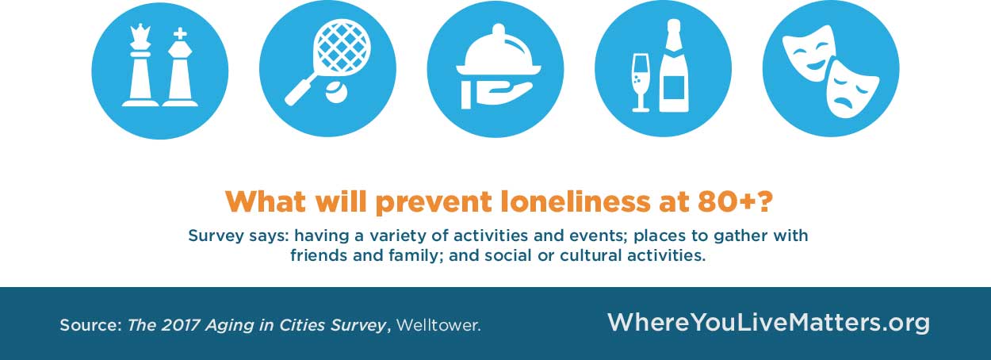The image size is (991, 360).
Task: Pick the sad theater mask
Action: click(851, 88)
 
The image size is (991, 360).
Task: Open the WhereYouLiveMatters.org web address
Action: click(767, 323)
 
